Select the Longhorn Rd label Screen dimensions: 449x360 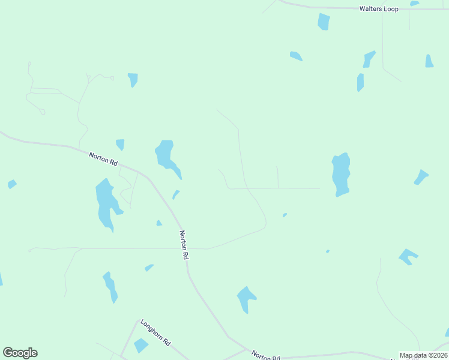[155, 332]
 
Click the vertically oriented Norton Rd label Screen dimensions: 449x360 [184, 245]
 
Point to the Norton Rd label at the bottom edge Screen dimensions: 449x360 [265, 356]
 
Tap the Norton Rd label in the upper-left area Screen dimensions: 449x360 [103, 159]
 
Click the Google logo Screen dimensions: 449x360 [20, 353]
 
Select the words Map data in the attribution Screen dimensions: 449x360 [412, 355]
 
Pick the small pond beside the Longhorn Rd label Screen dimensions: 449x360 [141, 346]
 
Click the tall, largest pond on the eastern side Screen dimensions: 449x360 [341, 174]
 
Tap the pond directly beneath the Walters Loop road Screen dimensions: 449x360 [324, 22]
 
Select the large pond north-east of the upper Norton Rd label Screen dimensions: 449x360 [166, 156]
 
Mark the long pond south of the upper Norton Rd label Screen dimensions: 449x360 [106, 203]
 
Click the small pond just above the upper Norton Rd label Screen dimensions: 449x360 [121, 144]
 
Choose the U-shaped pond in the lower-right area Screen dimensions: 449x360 [408, 256]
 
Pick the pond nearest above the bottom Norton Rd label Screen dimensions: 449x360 [246, 298]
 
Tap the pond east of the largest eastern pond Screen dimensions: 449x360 [421, 178]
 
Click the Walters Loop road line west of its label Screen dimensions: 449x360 [318, 8]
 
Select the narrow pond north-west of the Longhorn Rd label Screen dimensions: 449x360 [110, 286]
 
